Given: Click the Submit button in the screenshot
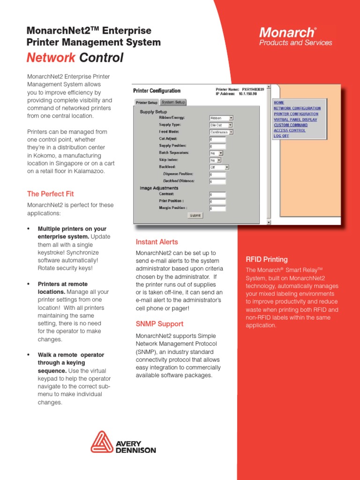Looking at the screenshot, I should pyautogui.click(x=195, y=215).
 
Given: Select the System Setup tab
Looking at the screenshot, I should pyautogui.click(x=173, y=102).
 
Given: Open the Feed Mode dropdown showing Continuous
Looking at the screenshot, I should pyautogui.click(x=221, y=132).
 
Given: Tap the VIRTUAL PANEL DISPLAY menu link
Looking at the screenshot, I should pyautogui.click(x=295, y=120).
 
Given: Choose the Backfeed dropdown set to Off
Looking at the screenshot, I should pyautogui.click(x=219, y=167).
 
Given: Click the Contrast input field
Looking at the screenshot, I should pyautogui.click(x=217, y=195).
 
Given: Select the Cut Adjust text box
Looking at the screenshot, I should pyautogui.click(x=217, y=139).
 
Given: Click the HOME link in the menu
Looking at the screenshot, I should pyautogui.click(x=279, y=103).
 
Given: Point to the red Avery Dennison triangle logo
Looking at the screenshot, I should pyautogui.click(x=102, y=442).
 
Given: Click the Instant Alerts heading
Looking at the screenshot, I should pyautogui.click(x=157, y=242).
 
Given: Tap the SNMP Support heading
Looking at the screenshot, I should pyautogui.click(x=159, y=324).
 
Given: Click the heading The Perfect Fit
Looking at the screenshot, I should pyautogui.click(x=50, y=194).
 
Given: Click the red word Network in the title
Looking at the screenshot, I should pyautogui.click(x=51, y=58).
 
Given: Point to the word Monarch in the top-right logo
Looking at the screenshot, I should pyautogui.click(x=286, y=32).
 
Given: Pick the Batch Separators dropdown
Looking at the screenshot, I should pyautogui.click(x=217, y=153).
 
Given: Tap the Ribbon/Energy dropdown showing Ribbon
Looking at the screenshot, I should pyautogui.click(x=221, y=118).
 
